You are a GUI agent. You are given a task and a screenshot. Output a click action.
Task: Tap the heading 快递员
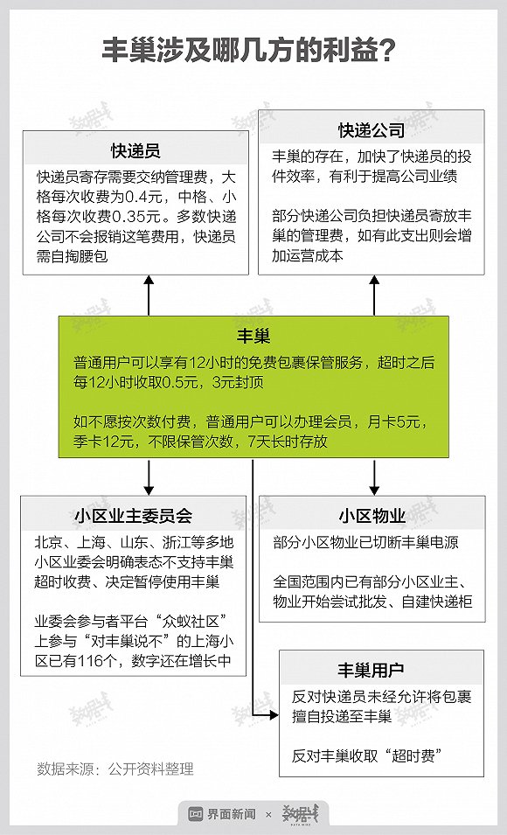click(x=135, y=150)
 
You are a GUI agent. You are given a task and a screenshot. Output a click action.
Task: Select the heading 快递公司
click(x=372, y=130)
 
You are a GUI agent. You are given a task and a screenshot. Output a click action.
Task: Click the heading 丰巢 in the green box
click(x=253, y=336)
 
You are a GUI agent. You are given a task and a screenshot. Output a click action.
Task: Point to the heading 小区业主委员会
click(x=133, y=516)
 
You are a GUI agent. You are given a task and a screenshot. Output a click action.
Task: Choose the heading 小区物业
click(x=372, y=516)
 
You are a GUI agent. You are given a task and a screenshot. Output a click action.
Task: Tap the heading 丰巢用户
click(x=371, y=670)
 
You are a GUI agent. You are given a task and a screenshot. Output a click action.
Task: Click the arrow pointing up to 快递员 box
click(x=149, y=296)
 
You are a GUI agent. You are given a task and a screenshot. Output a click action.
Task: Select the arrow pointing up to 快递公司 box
click(x=374, y=296)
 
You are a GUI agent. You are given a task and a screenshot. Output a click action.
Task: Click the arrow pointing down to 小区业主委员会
click(x=149, y=477)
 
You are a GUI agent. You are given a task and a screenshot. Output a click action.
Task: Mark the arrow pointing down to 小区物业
click(x=374, y=477)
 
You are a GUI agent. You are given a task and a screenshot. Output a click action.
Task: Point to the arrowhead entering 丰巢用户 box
click(x=274, y=715)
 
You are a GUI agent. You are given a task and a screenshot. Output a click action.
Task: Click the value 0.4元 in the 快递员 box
click(x=142, y=197)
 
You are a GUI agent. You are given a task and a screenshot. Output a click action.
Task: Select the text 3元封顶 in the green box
click(x=238, y=382)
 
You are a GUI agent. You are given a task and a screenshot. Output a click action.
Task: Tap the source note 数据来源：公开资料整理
click(x=115, y=769)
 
